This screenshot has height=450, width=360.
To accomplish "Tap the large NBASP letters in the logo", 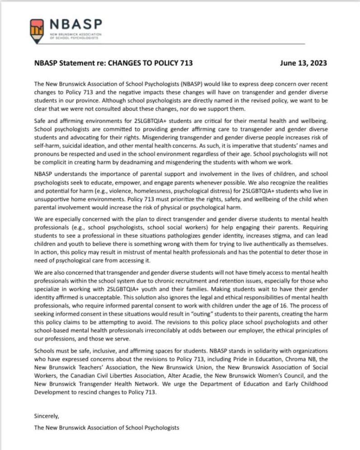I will point(76,24).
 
